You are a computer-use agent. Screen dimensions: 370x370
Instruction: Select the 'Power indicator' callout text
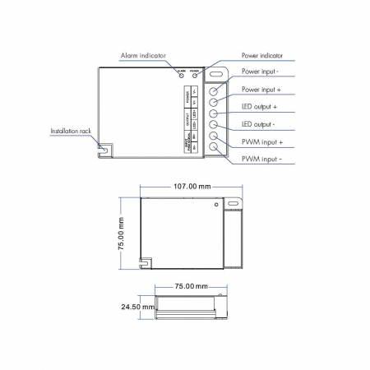pos(262,56)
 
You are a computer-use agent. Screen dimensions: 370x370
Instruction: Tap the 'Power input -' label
pos(261,72)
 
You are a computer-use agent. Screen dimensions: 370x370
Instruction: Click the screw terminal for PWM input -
pos(215,148)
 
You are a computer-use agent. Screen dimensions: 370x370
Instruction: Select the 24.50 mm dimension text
pos(136,306)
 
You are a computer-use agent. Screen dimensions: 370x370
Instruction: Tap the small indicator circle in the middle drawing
pos(216,202)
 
